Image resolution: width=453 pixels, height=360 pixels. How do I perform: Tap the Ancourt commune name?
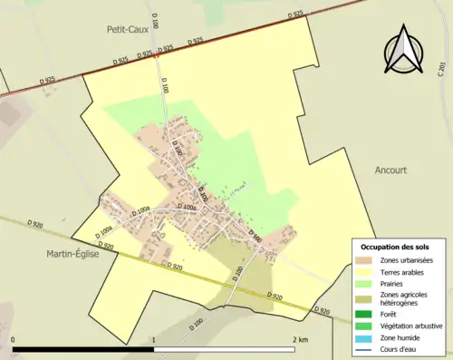coord(391,170)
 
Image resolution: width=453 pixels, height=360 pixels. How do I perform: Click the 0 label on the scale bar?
coord(13,340)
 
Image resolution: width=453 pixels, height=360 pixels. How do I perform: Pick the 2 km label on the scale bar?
coord(301,340)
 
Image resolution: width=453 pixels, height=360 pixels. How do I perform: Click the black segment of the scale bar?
coord(83,349)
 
